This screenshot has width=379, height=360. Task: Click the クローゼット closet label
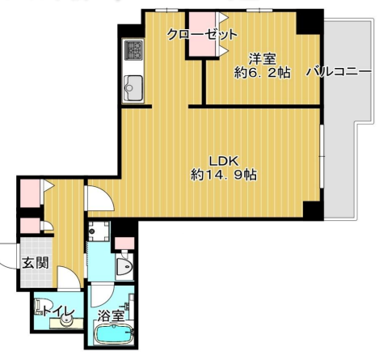[202, 34]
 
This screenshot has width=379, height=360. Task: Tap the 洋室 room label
[262, 59]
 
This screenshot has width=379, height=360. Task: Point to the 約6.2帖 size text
[262, 73]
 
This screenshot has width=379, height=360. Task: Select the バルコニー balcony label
[339, 72]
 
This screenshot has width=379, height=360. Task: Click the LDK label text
[224, 161]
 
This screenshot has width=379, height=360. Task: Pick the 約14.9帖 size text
[224, 175]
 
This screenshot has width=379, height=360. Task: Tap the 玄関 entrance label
[36, 263]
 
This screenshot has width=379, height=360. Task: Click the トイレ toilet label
[58, 312]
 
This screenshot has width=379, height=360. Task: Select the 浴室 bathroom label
[111, 316]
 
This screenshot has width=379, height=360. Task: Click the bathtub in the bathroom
[114, 334]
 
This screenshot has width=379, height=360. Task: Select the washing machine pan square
[99, 231]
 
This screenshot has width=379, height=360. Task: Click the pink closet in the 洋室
[203, 34]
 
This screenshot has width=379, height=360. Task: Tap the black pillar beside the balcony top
[310, 22]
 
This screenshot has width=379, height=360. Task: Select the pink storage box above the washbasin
[124, 244]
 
